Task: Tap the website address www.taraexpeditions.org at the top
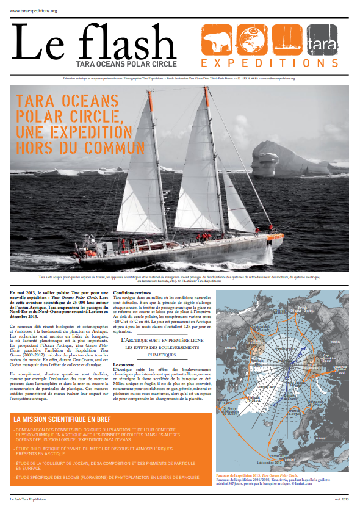33,10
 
